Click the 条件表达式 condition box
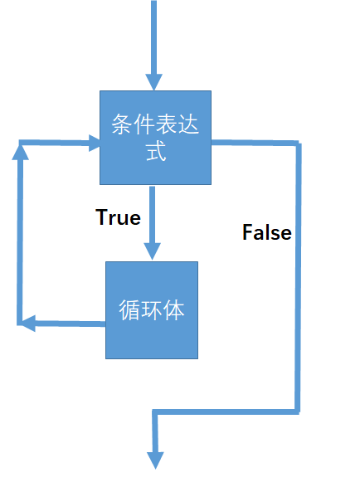(155, 138)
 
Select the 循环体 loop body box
(152, 310)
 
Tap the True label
(119, 217)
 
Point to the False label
(266, 232)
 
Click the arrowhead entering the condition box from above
(154, 81)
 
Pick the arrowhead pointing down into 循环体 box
(152, 251)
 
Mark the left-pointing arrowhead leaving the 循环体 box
(27, 324)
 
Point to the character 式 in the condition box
(155, 153)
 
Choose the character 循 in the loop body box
(130, 311)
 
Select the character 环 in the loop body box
(152, 311)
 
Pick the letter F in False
(247, 232)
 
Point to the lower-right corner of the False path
(297, 411)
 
